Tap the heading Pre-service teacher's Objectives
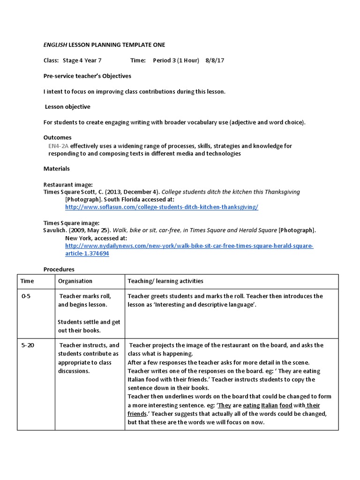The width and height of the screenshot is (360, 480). tap(87, 76)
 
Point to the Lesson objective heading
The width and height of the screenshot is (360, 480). tap(67, 107)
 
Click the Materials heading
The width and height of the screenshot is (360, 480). tap(56, 169)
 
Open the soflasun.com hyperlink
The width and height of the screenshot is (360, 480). tap(161, 207)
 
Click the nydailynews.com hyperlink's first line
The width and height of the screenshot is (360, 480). tap(189, 246)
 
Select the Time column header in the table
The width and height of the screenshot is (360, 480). tap(28, 281)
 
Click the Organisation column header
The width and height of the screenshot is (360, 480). tap(75, 281)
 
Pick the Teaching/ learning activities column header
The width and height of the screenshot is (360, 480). tap(165, 281)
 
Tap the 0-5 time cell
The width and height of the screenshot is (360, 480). tap(26, 296)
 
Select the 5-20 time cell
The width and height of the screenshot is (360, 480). tap(28, 345)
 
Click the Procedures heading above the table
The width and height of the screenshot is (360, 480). tap(59, 270)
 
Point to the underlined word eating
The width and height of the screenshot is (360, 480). tap(251, 405)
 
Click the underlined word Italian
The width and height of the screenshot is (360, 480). tap(270, 405)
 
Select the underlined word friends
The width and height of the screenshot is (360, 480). tap(137, 413)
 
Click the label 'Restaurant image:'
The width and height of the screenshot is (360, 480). tap(68, 185)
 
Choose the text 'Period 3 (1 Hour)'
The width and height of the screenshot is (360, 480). tap(176, 60)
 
